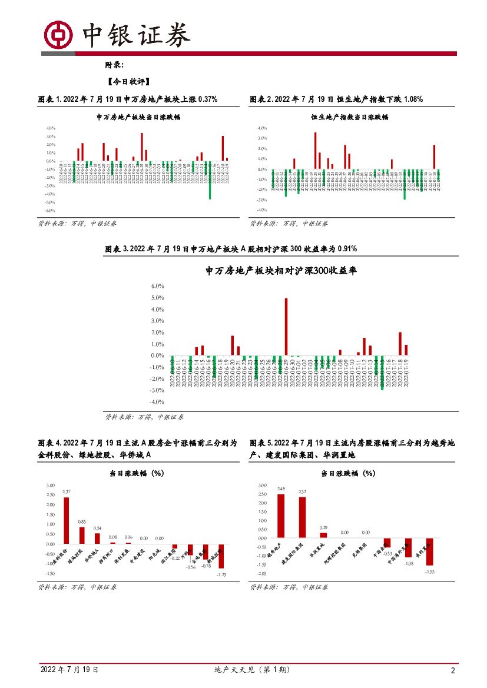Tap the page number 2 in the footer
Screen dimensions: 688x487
coord(452,671)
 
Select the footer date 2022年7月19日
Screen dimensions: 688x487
coord(69,670)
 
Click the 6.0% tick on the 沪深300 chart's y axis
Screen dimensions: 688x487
coord(157,286)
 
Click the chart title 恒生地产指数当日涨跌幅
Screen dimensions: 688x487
coord(350,117)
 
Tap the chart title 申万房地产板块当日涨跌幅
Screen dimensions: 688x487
coord(138,117)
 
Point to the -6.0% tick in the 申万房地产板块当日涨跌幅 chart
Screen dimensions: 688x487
coord(50,210)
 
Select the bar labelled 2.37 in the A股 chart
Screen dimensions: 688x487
coord(67,521)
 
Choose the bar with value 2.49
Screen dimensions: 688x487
coord(281,516)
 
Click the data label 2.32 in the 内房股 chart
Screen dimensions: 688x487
coord(302,491)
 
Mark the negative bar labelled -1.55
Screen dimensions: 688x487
coord(430,551)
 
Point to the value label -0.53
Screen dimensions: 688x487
coord(386,554)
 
